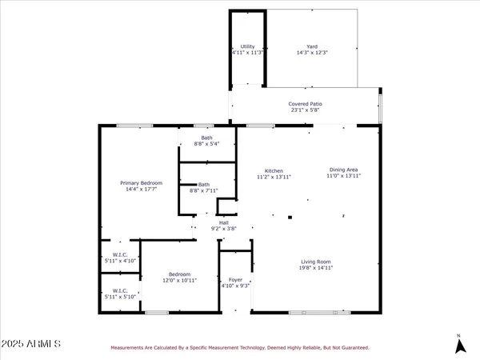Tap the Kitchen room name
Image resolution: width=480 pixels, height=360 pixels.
point(275,170)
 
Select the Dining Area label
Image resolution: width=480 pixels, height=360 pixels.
point(343,170)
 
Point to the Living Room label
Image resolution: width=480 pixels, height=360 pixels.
point(316,262)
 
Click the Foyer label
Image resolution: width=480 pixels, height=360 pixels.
point(235,280)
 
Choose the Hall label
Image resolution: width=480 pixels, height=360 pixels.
point(213,223)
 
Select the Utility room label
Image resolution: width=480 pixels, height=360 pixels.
point(247,46)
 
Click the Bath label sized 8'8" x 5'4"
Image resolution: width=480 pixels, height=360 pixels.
point(206,138)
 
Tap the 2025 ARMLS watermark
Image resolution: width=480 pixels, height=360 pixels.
point(32,344)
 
